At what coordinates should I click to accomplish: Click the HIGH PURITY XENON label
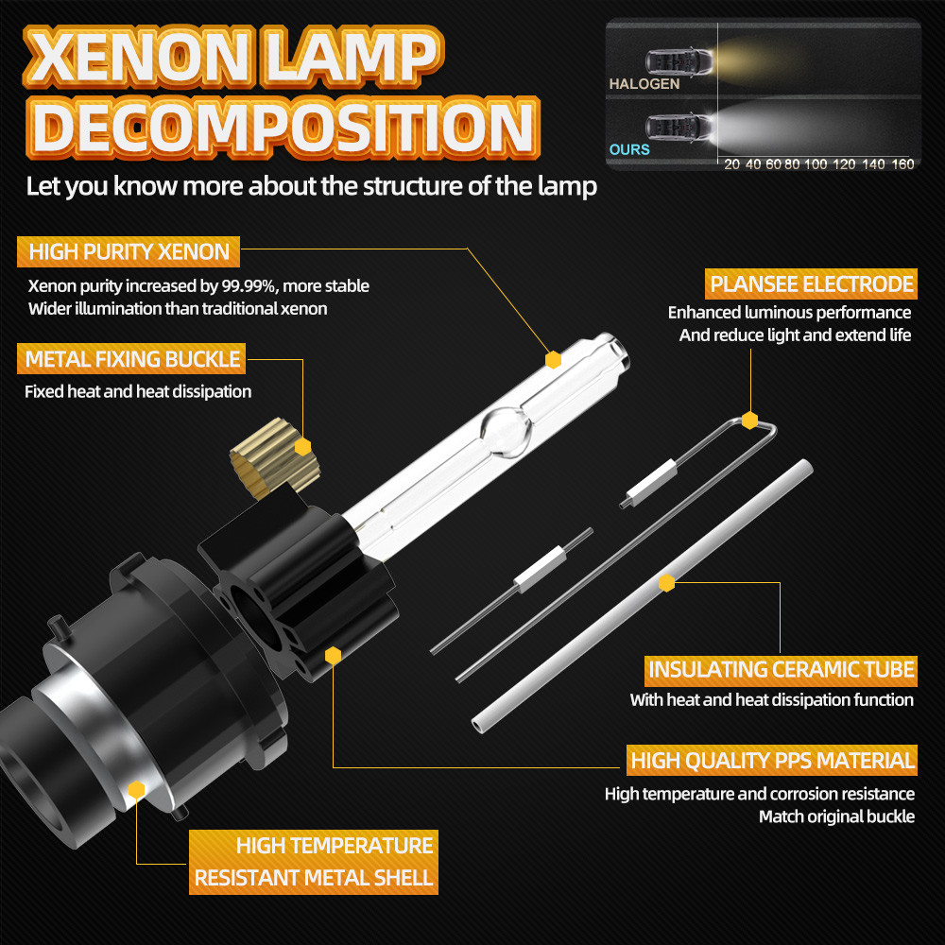pos(129,252)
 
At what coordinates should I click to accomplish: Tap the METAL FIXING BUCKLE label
pos(132,359)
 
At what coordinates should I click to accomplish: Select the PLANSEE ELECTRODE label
pos(812,283)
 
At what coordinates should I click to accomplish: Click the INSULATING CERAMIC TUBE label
pos(782,670)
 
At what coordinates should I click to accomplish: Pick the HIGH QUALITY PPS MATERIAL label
pos(772,760)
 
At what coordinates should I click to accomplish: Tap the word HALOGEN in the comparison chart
pos(644,84)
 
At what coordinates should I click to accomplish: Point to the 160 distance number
pos(902,163)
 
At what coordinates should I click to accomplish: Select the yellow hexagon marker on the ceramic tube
pos(667,583)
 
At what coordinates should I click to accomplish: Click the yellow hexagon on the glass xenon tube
pos(554,359)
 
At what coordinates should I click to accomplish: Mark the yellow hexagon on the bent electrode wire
pos(749,420)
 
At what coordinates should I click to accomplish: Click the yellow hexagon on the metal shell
pos(136,789)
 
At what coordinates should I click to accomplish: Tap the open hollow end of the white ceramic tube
pos(481,723)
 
